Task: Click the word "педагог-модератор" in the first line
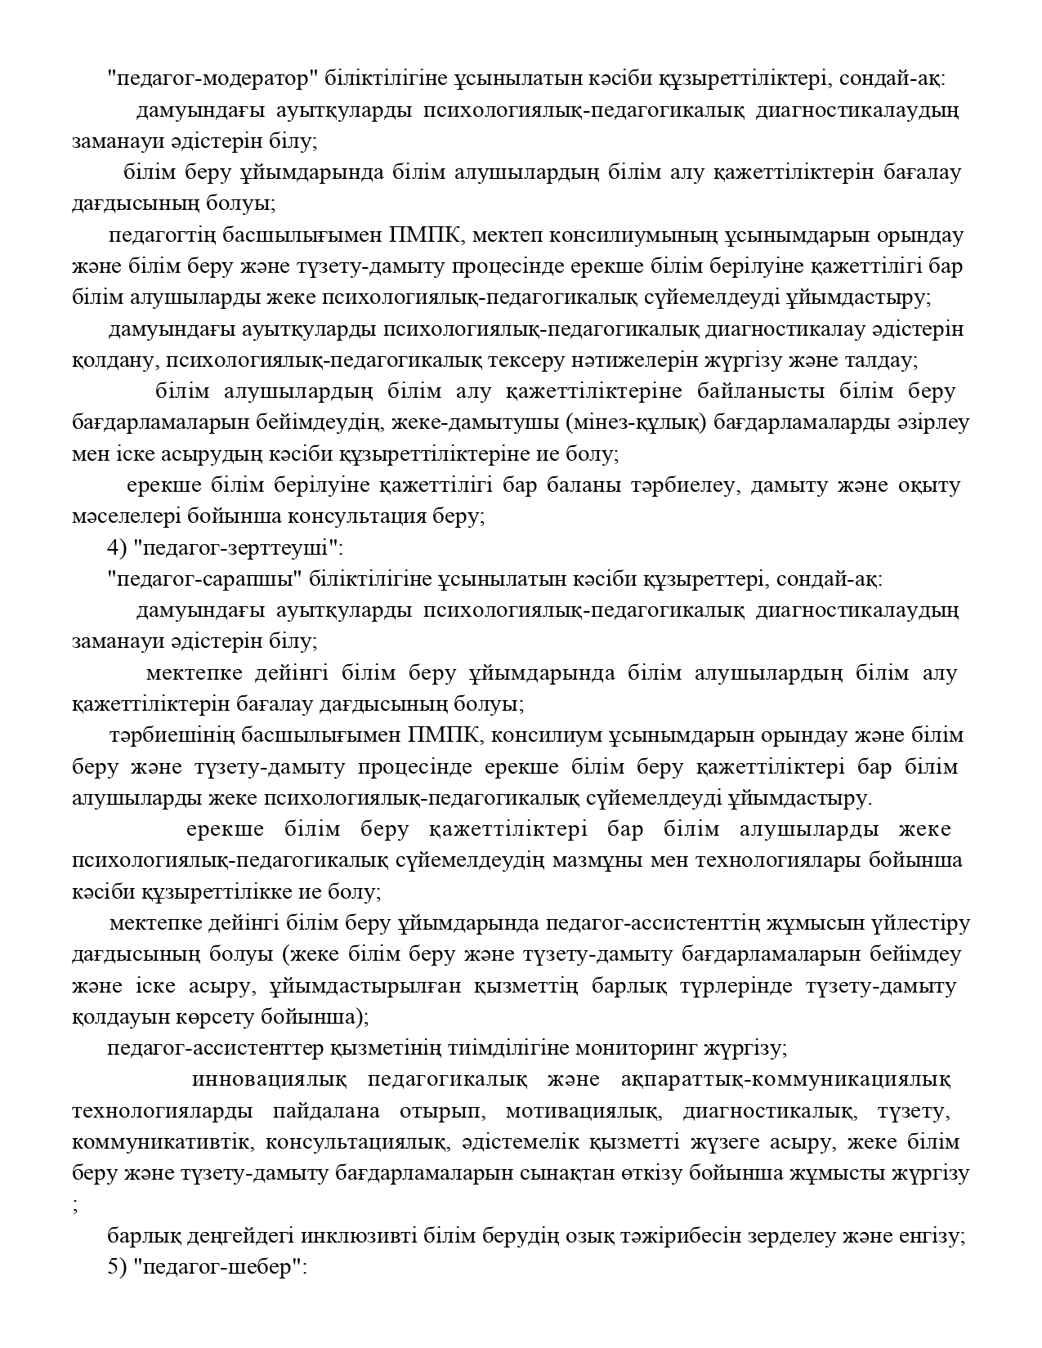coord(212,78)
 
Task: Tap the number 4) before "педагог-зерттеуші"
coord(116,547)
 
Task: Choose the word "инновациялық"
coord(269,1080)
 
